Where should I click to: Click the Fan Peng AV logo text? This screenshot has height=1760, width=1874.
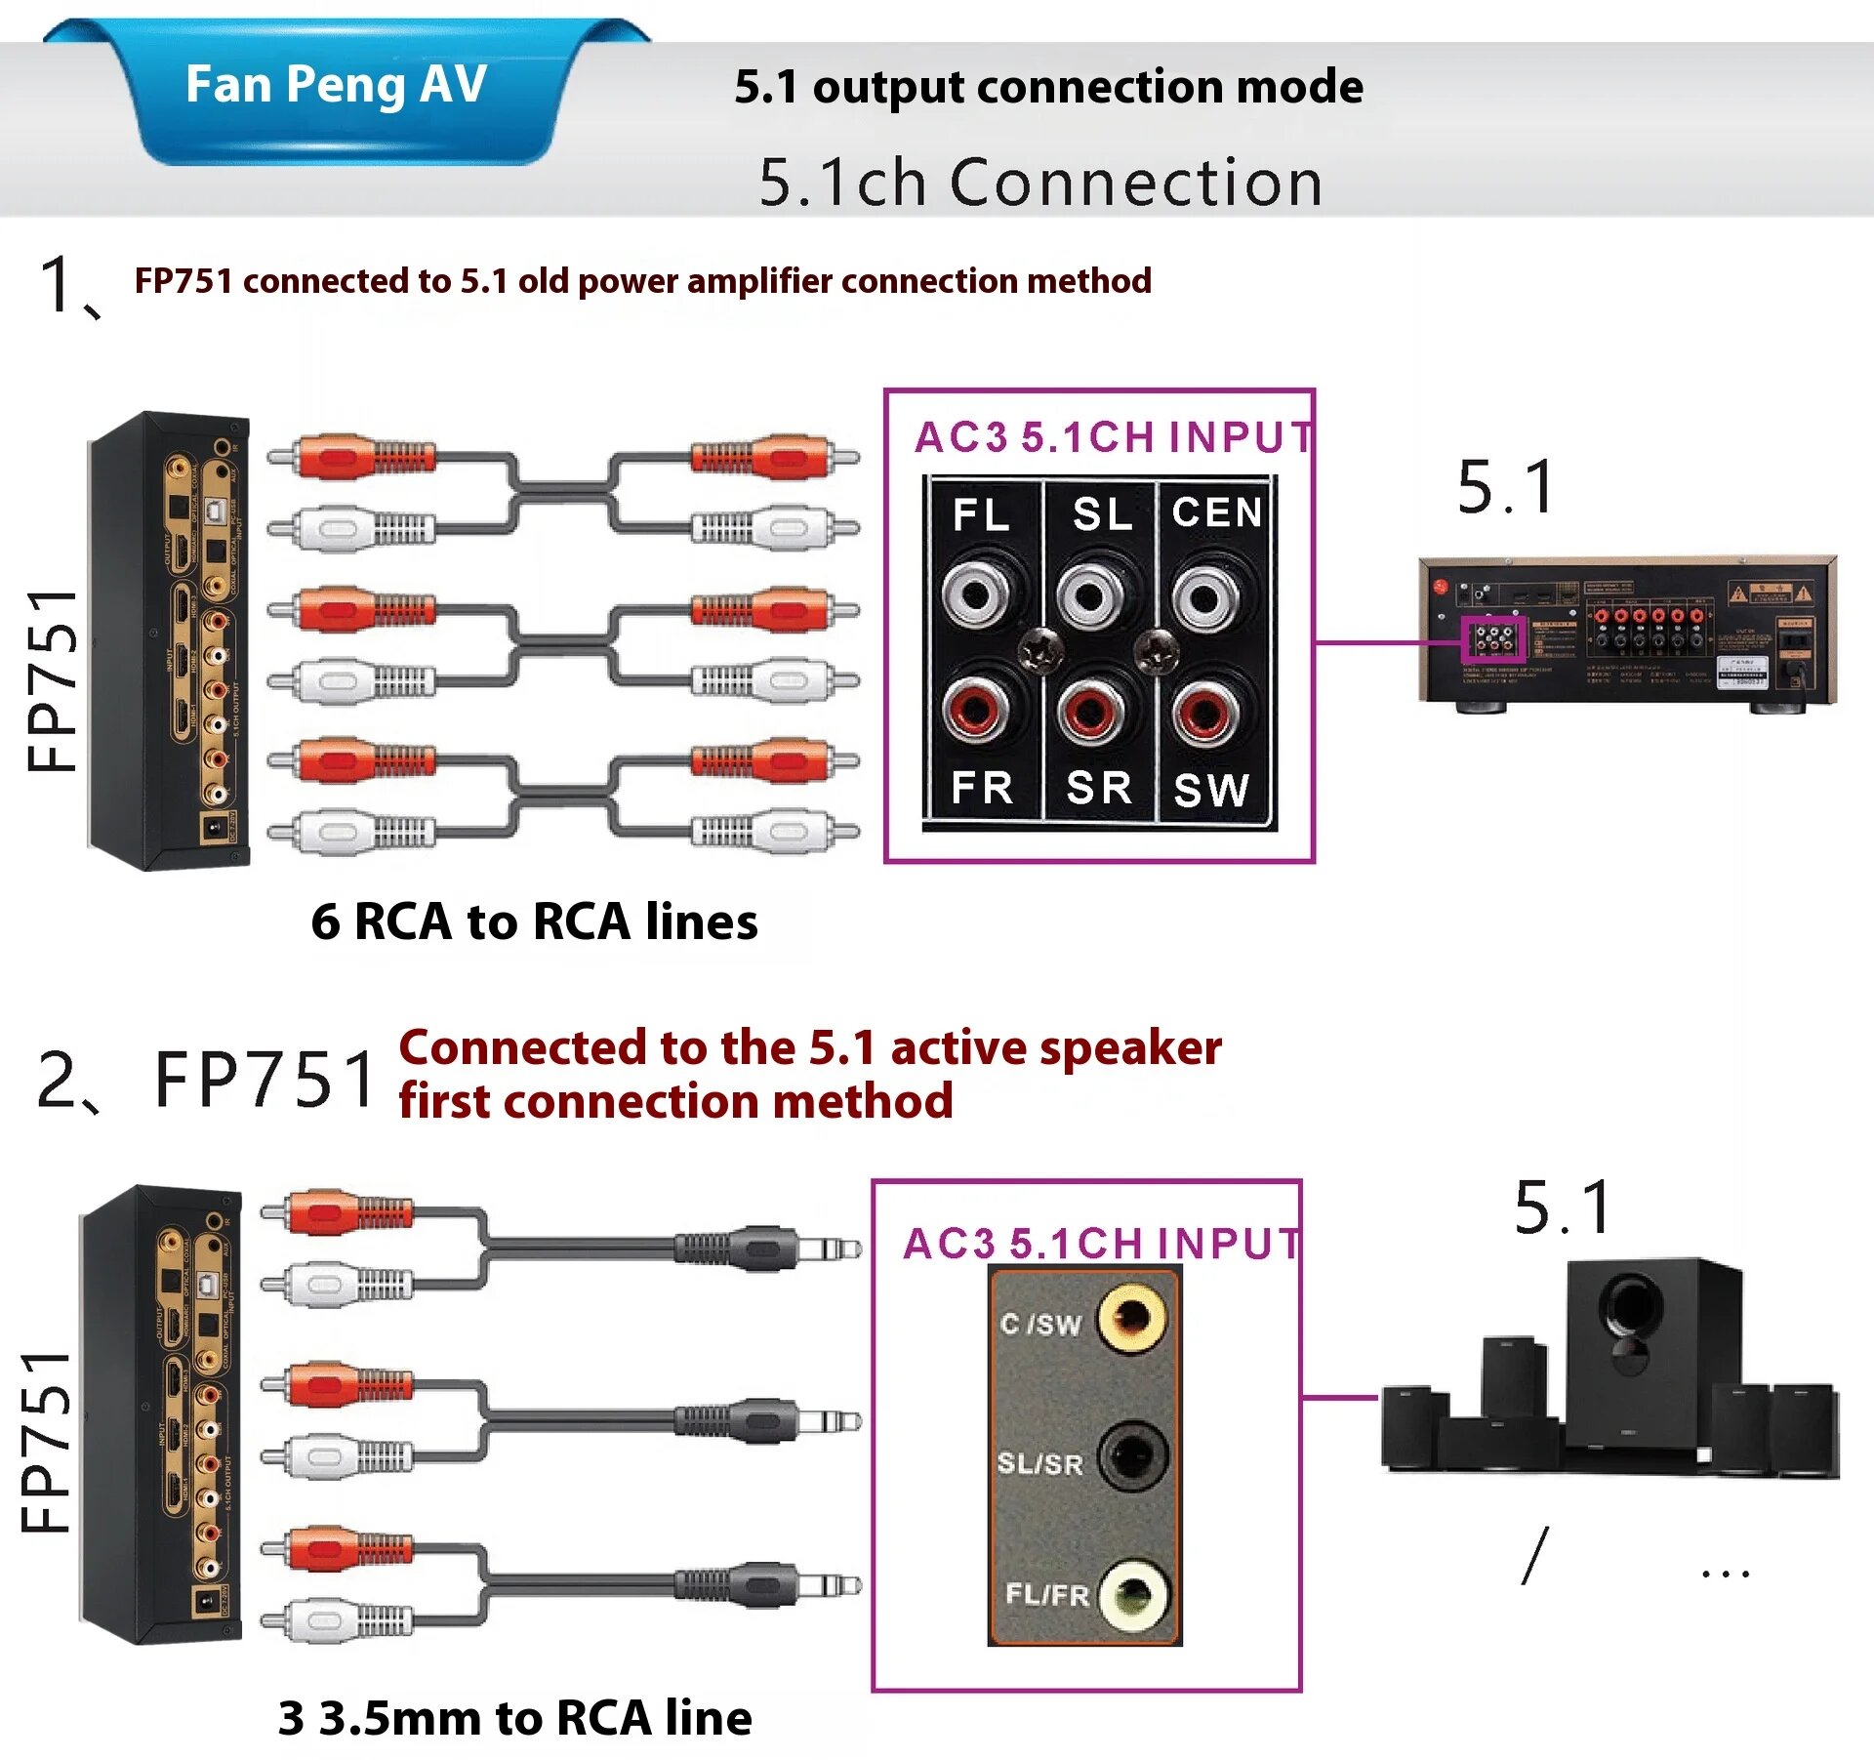coord(336,84)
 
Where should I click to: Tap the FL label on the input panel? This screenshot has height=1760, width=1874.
coord(981,514)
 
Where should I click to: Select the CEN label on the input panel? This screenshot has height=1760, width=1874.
coord(1216,512)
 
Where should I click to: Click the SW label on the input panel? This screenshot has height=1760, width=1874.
coord(1211,790)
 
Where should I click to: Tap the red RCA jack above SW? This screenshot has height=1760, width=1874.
coord(1206,712)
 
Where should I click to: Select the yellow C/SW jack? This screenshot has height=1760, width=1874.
coord(1132,1317)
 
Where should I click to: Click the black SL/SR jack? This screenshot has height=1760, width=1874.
coord(1132,1457)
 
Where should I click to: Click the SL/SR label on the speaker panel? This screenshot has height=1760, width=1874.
coord(1040,1463)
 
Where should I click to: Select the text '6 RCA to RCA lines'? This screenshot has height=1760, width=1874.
coord(534,921)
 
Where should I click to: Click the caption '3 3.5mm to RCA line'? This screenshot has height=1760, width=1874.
coord(515,1718)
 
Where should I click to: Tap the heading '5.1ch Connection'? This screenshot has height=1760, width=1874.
coord(1040,183)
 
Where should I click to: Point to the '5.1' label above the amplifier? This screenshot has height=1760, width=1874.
coord(1506,487)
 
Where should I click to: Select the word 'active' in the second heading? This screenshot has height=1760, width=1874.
coord(958,1048)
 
